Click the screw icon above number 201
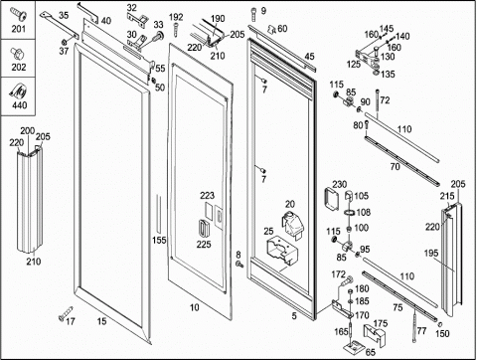[18, 16]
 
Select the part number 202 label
[19, 67]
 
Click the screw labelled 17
[66, 313]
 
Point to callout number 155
[159, 240]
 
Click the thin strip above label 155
[158, 214]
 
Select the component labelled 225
[203, 228]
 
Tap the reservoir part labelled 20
[292, 224]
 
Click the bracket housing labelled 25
[282, 251]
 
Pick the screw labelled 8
[239, 265]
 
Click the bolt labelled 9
[253, 14]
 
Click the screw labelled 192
[175, 29]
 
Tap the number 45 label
[309, 57]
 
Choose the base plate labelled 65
[354, 348]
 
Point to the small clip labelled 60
[272, 29]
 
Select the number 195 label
[431, 254]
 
